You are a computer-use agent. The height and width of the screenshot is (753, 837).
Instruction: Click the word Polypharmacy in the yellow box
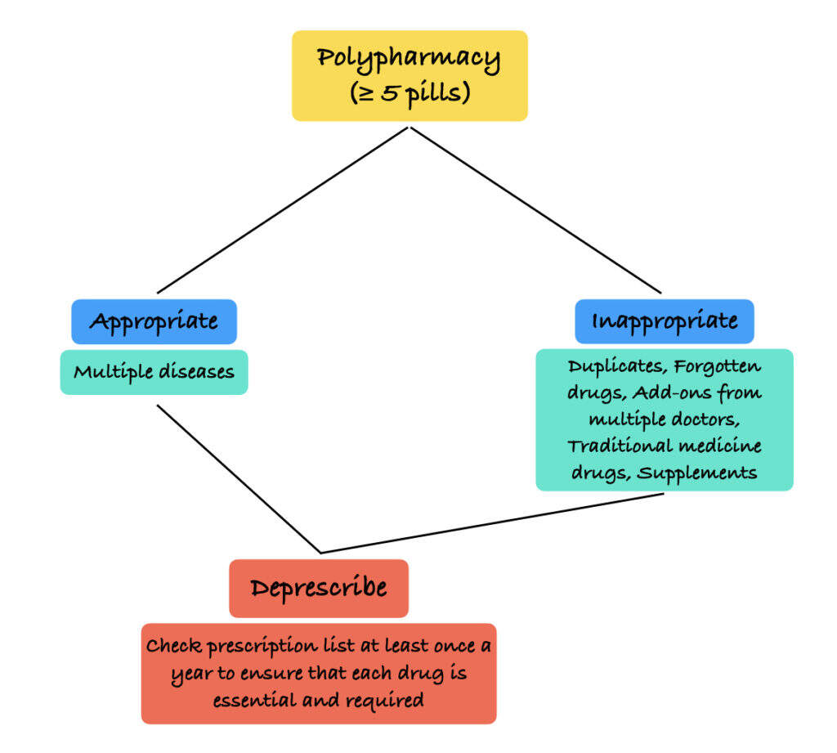coord(409,59)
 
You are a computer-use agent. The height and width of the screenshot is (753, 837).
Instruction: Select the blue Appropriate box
coord(154,321)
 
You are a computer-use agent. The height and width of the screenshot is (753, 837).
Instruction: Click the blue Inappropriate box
coord(664,320)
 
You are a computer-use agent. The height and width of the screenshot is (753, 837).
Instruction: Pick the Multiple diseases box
coord(154,372)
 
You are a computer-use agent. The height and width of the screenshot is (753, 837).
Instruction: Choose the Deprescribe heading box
coord(318,588)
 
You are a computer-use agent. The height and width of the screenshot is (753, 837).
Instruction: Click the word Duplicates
coord(615,366)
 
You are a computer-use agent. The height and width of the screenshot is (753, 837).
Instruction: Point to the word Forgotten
coord(717,366)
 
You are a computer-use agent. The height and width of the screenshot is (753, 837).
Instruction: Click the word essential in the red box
coord(258,701)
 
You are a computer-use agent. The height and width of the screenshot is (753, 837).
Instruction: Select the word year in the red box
coord(193,675)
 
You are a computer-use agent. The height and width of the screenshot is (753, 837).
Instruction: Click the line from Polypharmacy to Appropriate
coord(282,209)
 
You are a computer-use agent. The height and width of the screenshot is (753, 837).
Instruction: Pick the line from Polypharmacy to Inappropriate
coord(535,209)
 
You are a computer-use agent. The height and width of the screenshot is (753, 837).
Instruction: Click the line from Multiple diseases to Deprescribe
coord(239,478)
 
